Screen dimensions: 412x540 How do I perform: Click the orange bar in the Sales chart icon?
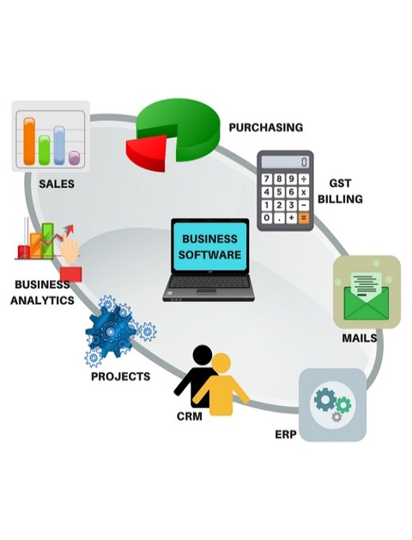(29, 141)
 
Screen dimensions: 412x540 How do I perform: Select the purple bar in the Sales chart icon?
(74, 158)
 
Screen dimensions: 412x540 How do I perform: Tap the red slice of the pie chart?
(147, 153)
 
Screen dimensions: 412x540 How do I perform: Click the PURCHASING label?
(266, 127)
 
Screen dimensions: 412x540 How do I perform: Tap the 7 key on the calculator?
(267, 179)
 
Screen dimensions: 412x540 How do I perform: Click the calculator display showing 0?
(285, 162)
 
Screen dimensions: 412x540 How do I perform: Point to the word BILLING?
(340, 199)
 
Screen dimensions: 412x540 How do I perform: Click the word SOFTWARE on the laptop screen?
(209, 255)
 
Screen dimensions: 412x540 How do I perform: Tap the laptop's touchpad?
(207, 291)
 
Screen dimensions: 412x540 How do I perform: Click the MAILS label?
(360, 338)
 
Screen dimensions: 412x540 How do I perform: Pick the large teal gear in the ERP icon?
(324, 399)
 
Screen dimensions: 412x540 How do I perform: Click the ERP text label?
(285, 434)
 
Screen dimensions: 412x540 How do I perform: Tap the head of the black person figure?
(203, 355)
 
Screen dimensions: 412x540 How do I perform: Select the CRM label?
(190, 416)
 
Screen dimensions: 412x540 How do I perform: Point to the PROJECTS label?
(120, 376)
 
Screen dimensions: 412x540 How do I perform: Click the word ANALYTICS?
(42, 300)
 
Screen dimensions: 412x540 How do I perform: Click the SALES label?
(57, 184)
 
